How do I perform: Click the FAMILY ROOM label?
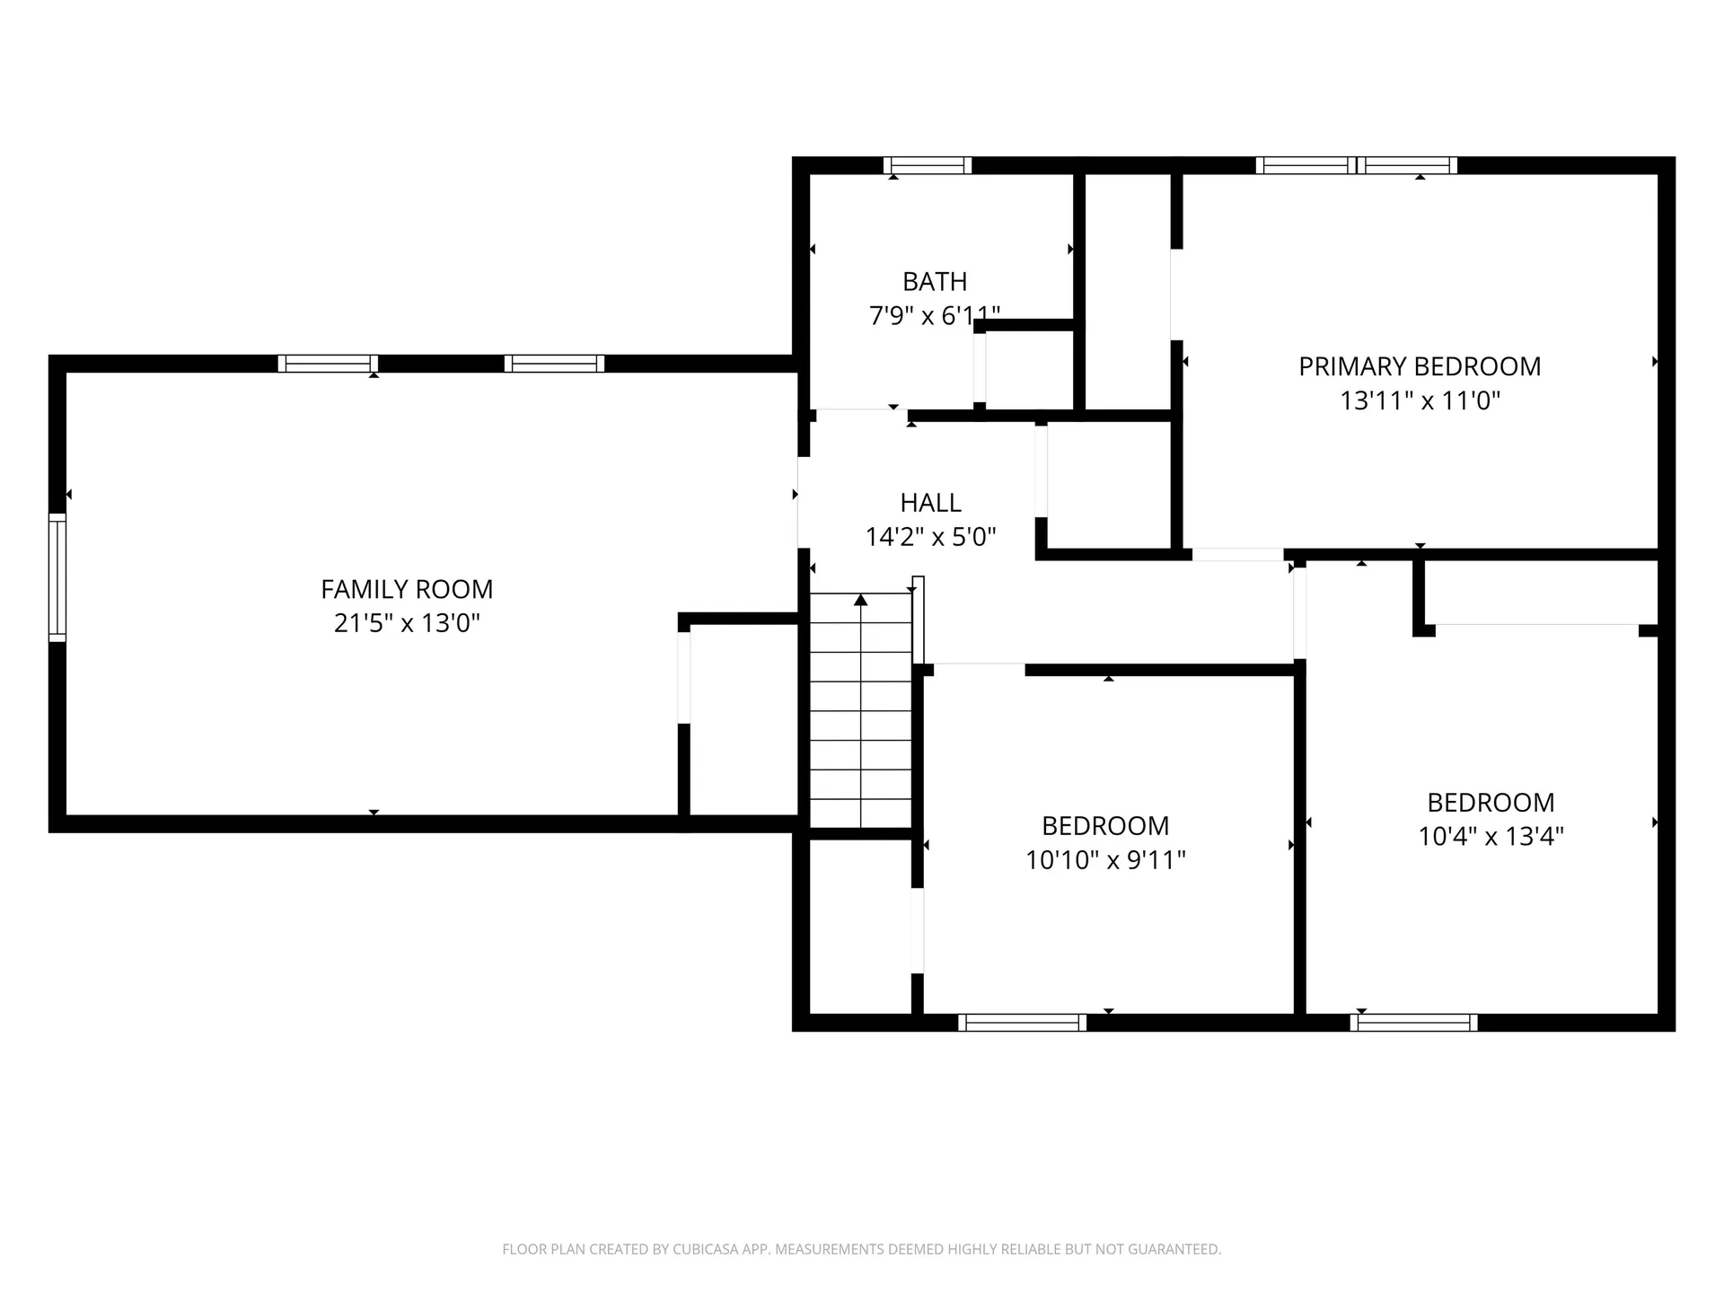click(407, 589)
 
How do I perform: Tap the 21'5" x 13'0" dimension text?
click(407, 623)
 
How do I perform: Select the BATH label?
click(935, 281)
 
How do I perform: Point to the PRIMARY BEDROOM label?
click(1420, 366)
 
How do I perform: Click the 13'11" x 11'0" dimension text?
click(1420, 400)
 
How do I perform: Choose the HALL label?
click(930, 502)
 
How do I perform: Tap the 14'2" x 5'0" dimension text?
click(930, 537)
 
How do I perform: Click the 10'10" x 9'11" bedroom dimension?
click(1105, 860)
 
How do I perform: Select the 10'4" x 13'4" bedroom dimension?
click(1491, 837)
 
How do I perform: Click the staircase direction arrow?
click(861, 600)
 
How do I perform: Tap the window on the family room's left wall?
click(57, 577)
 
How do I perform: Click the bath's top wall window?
click(928, 165)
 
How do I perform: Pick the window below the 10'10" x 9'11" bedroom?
click(1022, 1022)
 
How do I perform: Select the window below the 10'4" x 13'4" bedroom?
click(1413, 1022)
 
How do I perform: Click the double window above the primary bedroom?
click(1356, 165)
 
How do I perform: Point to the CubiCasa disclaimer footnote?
click(861, 1249)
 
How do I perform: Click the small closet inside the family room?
click(741, 718)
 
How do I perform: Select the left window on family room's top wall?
click(328, 364)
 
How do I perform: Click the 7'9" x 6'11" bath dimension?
click(935, 316)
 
